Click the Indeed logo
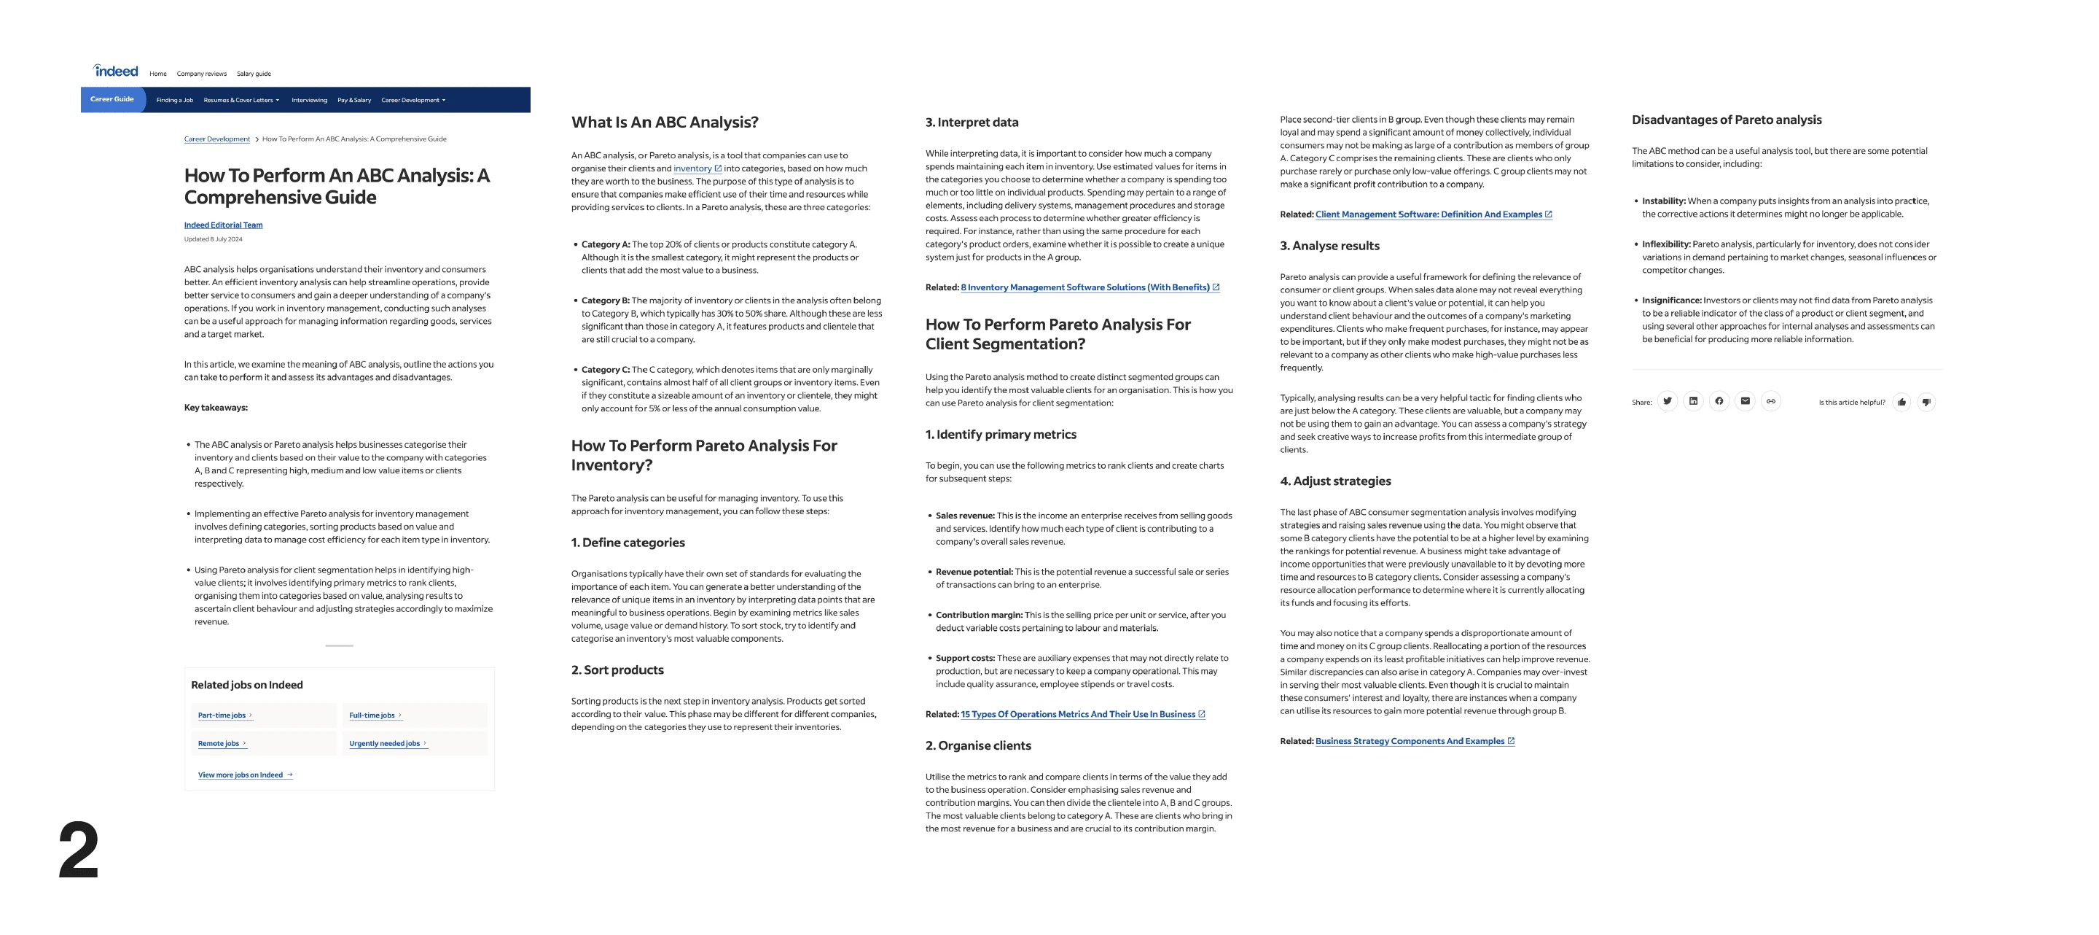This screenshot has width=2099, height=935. [x=116, y=71]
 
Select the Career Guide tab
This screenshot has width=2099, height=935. [x=112, y=99]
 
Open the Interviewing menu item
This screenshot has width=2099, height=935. [x=309, y=100]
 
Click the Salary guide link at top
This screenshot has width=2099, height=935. [x=254, y=74]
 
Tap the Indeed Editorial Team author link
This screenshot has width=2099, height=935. [x=223, y=225]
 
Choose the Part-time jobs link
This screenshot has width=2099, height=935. [x=222, y=715]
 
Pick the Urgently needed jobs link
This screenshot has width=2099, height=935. [x=385, y=743]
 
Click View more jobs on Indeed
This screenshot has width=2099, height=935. [x=241, y=775]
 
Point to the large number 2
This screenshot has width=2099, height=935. [x=78, y=850]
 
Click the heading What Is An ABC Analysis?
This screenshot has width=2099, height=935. [x=664, y=123]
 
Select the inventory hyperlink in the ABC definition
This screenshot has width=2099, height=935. [x=692, y=168]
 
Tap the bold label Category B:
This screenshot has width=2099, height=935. [x=606, y=300]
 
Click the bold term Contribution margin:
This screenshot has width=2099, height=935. [x=979, y=616]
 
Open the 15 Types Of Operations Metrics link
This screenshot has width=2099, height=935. [x=1077, y=715]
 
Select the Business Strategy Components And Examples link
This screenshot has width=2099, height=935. [x=1410, y=742]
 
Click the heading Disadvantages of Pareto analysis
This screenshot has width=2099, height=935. [x=1726, y=120]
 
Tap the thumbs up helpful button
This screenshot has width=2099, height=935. [x=1901, y=402]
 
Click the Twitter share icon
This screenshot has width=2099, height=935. [x=1667, y=401]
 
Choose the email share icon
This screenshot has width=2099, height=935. [x=1745, y=401]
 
